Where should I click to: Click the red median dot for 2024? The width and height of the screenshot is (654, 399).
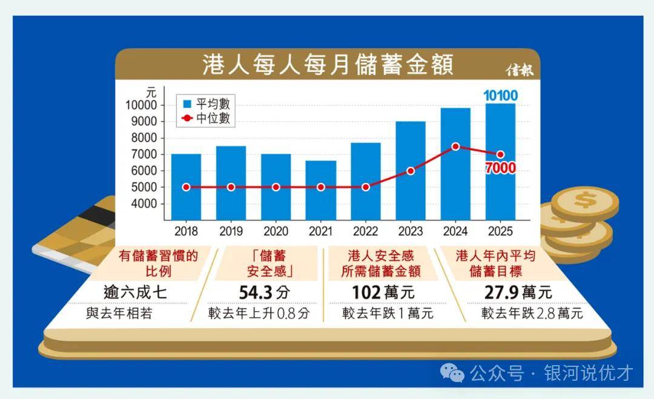(x=455, y=147)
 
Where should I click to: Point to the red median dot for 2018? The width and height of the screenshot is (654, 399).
(x=186, y=187)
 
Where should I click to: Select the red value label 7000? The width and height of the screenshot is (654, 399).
(x=500, y=169)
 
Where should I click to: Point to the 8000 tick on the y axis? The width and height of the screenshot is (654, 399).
(x=144, y=138)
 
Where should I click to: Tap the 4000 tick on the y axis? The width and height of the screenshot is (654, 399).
(x=144, y=203)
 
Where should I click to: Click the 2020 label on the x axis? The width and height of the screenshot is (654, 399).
(x=276, y=231)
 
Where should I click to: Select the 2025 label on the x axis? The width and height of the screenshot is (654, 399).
(x=500, y=231)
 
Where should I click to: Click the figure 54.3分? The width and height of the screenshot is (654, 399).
(x=264, y=292)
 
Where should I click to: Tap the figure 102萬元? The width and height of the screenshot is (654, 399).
(x=383, y=292)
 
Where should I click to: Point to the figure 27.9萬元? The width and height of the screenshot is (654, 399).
(x=518, y=292)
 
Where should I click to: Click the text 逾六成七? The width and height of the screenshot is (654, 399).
(x=135, y=292)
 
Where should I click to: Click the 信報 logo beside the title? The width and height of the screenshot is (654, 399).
(x=520, y=70)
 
